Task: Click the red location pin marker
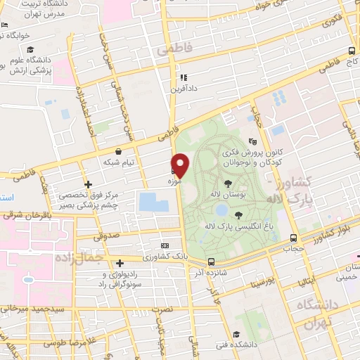point(181,165)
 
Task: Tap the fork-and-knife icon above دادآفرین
point(184,78)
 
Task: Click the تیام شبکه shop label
point(118,162)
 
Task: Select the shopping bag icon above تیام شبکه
point(118,151)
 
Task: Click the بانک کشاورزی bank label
point(165,256)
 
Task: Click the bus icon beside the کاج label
point(352,51)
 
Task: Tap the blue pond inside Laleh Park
point(221,210)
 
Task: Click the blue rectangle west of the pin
point(154,202)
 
